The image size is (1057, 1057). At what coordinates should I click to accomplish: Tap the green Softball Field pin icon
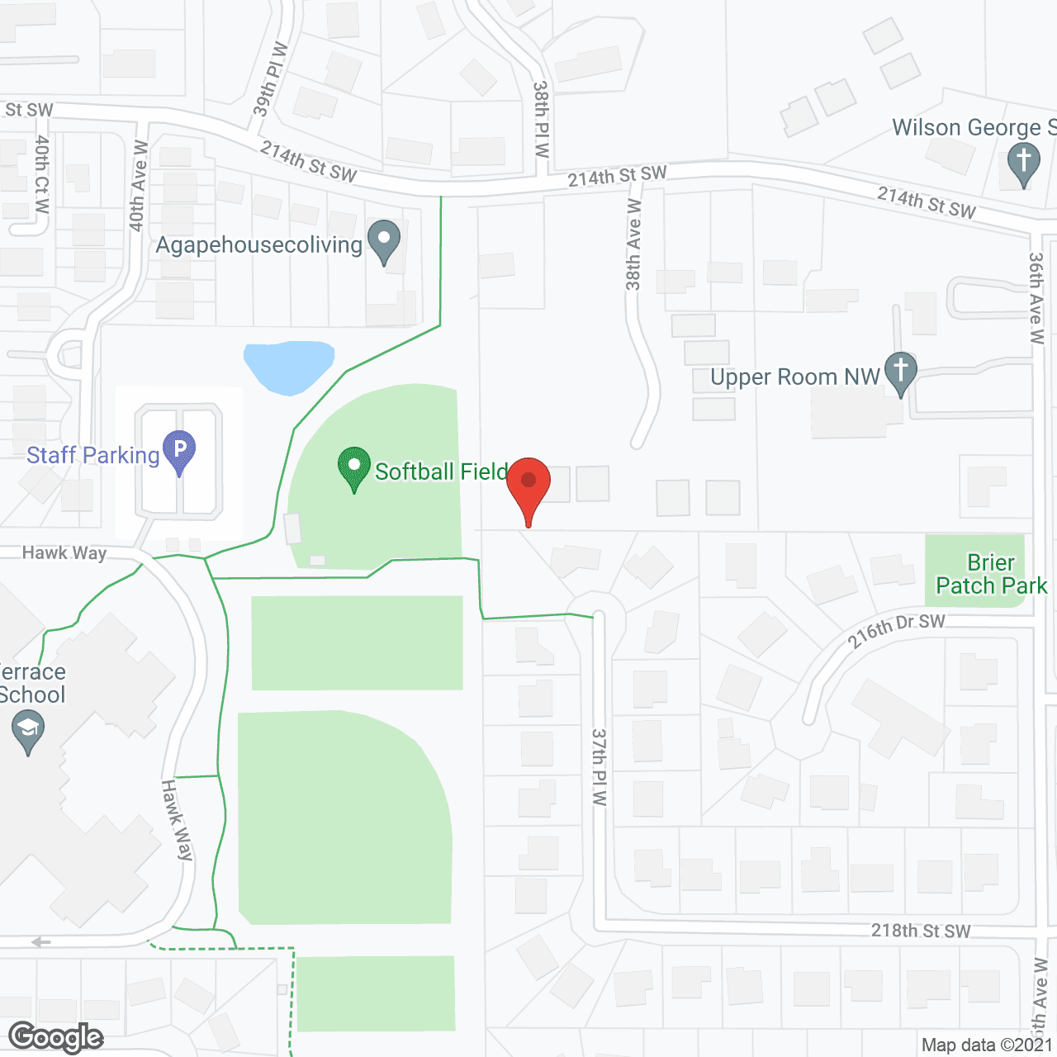point(354,467)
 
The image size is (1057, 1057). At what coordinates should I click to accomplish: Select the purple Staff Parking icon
point(179,452)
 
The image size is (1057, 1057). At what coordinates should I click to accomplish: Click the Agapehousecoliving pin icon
point(383,241)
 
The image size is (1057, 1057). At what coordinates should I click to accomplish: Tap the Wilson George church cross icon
point(1024,163)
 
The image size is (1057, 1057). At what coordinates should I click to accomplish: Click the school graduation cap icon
point(28,731)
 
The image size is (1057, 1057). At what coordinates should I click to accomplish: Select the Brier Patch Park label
point(991,574)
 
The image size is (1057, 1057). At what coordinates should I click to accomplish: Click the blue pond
point(288,365)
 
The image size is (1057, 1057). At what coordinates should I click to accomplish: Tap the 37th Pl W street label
point(600,766)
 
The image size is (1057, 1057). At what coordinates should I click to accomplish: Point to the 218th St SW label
point(921,931)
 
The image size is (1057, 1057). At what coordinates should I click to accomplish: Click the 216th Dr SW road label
point(896,631)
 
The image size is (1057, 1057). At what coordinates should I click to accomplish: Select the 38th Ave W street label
point(634,244)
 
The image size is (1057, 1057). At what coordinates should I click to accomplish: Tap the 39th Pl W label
point(270,78)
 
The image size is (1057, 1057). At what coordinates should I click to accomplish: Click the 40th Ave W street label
point(138,186)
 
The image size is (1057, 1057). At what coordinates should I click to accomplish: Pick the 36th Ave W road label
point(1036,297)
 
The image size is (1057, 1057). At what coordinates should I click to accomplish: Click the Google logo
point(56,1037)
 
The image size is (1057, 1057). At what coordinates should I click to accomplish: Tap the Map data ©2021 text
point(987,1045)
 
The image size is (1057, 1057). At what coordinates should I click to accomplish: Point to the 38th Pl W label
point(541,118)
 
